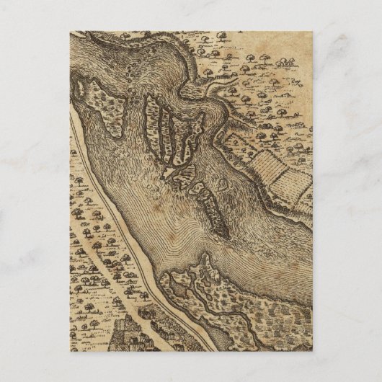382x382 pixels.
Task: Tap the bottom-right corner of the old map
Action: (312, 350)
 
